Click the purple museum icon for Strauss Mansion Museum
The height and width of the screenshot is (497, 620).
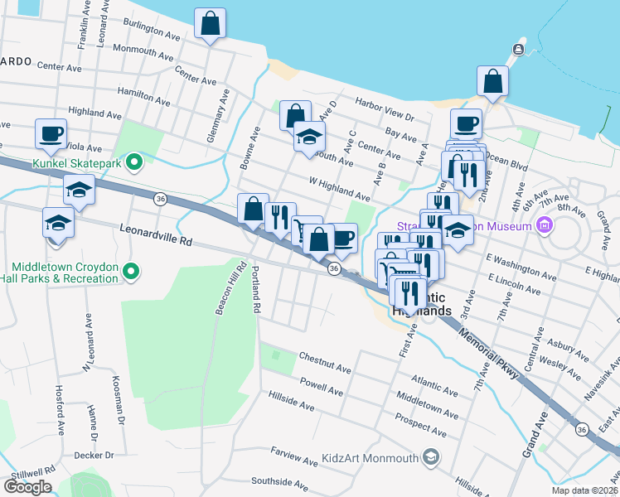544,224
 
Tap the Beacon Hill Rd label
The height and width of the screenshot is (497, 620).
229,289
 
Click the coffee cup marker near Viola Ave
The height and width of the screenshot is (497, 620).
51,133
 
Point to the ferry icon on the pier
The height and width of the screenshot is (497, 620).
518,51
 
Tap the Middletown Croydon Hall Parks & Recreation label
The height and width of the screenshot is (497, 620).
65,273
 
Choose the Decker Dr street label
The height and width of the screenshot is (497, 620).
94,455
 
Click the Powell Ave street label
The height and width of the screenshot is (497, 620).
322,387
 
